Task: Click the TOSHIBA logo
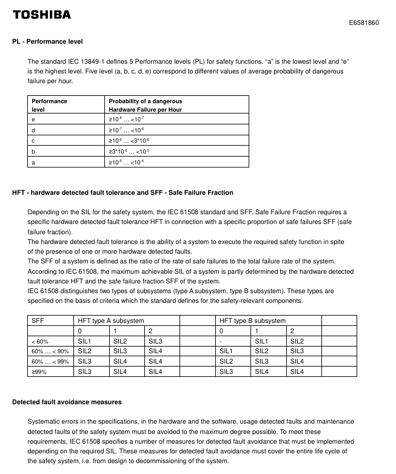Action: tap(42, 14)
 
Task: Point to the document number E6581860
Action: tap(364, 23)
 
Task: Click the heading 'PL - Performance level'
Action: tap(47, 41)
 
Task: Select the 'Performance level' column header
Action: tap(50, 105)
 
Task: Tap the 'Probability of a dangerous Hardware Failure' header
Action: tap(145, 105)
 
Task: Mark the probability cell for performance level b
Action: tap(133, 152)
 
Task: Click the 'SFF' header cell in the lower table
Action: tap(38, 320)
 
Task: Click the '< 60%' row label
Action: tap(40, 341)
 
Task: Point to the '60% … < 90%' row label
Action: tap(50, 351)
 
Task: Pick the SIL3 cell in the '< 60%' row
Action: tap(155, 341)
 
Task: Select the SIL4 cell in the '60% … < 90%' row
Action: tap(155, 351)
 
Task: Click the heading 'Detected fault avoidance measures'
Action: tap(67, 402)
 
